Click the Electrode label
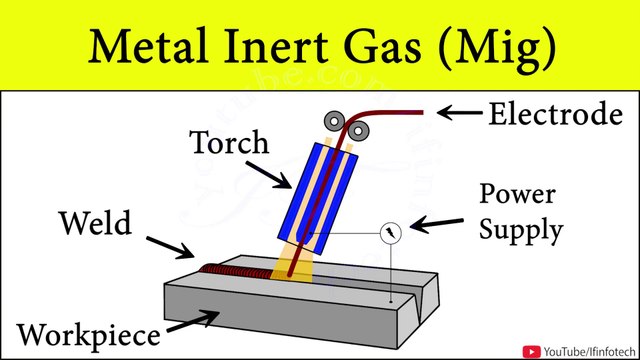click(x=554, y=115)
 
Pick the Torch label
click(x=231, y=142)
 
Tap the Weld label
click(x=93, y=221)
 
